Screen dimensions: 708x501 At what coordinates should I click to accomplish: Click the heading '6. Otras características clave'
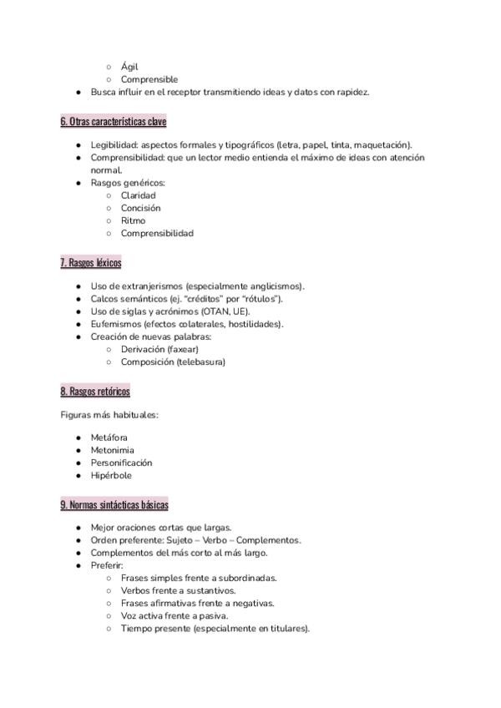click(114, 122)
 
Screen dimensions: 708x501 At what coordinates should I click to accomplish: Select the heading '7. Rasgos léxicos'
click(91, 263)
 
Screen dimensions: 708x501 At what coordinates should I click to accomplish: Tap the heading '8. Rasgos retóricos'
click(95, 391)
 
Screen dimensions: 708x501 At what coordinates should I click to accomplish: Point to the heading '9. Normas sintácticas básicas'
click(114, 505)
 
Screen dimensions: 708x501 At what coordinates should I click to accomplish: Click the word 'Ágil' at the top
click(129, 67)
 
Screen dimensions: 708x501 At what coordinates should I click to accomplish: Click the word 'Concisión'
click(140, 208)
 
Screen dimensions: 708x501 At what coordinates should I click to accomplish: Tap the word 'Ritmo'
click(133, 220)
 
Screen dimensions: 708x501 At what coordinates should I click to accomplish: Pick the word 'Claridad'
click(138, 195)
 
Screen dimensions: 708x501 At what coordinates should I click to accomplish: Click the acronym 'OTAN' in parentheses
click(215, 311)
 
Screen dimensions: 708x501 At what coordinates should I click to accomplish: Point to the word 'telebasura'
click(199, 362)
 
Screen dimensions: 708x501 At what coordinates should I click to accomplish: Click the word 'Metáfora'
click(109, 437)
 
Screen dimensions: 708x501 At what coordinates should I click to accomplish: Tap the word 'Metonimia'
click(112, 450)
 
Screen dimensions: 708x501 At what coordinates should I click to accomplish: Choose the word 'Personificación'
click(121, 463)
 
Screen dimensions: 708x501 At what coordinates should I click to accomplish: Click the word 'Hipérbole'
click(111, 475)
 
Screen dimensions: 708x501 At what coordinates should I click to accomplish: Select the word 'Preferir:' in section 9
click(107, 565)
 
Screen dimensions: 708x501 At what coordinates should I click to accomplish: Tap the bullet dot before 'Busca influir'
click(78, 93)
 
